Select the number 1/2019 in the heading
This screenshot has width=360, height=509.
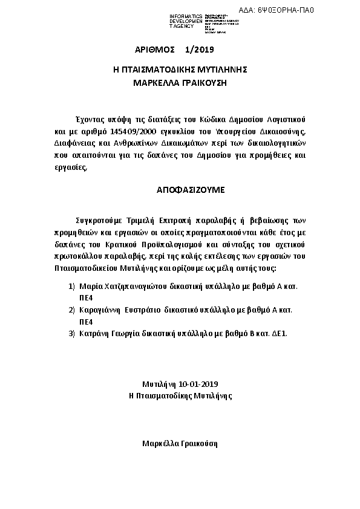pyautogui.click(x=200, y=49)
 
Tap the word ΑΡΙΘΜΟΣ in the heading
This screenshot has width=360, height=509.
pyautogui.click(x=155, y=49)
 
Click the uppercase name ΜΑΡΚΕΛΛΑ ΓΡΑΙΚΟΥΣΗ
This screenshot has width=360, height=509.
pyautogui.click(x=180, y=82)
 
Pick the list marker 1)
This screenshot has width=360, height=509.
pyautogui.click(x=71, y=284)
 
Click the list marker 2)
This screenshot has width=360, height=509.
pyautogui.click(x=71, y=309)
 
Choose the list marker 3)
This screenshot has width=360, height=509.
pyautogui.click(x=71, y=333)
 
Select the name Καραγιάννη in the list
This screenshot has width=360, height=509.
pyautogui.click(x=100, y=309)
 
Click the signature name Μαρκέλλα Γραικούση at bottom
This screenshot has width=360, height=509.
pyautogui.click(x=180, y=443)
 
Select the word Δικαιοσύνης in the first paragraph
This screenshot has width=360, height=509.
pyautogui.click(x=283, y=130)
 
